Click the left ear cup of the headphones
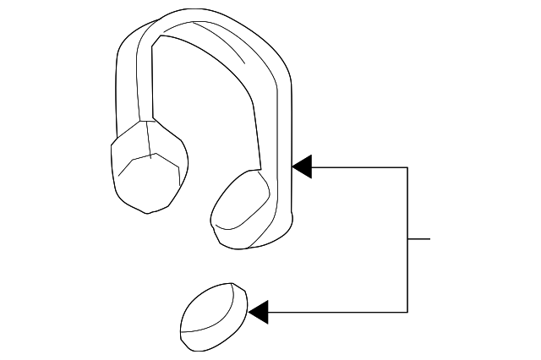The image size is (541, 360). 148,169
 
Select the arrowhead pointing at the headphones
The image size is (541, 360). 303,166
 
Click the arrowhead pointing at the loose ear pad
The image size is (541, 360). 259,312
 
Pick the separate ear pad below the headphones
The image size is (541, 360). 213,314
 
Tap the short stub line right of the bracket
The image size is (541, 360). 419,239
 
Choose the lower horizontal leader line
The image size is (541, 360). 338,312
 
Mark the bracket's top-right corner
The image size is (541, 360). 408,166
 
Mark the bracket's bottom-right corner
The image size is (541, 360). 408,312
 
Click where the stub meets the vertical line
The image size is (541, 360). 408,239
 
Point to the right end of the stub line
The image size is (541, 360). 430,239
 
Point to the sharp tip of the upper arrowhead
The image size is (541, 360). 292,166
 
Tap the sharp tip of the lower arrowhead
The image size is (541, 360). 249,312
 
